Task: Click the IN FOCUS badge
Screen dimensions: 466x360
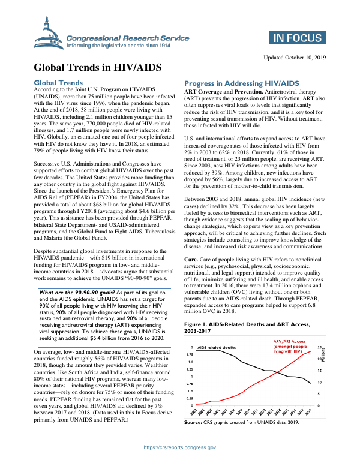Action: pyautogui.click(x=297, y=38)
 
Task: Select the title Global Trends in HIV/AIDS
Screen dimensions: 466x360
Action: pyautogui.click(x=97, y=67)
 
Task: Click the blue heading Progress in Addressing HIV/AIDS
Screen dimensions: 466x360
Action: pyautogui.click(x=241, y=83)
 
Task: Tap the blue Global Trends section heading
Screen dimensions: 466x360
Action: pyautogui.click(x=66, y=82)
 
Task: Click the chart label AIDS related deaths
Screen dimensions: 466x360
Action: pyautogui.click(x=217, y=348)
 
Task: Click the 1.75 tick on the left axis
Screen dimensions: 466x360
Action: pyautogui.click(x=190, y=355)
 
